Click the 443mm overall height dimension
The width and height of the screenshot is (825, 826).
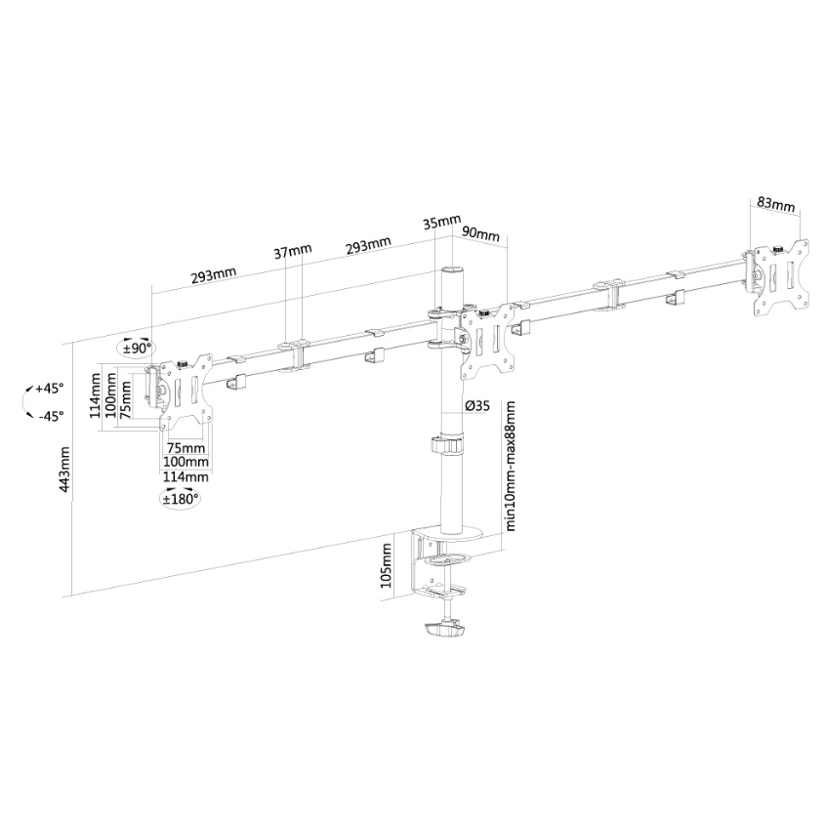pyautogui.click(x=65, y=483)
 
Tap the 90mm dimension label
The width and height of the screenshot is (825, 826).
pyautogui.click(x=480, y=234)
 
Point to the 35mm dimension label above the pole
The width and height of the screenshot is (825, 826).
pyautogui.click(x=442, y=222)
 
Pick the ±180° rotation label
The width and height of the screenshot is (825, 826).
pyautogui.click(x=181, y=498)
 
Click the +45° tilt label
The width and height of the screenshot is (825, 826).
pyautogui.click(x=48, y=388)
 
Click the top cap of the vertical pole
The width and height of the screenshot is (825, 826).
pyautogui.click(x=451, y=269)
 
